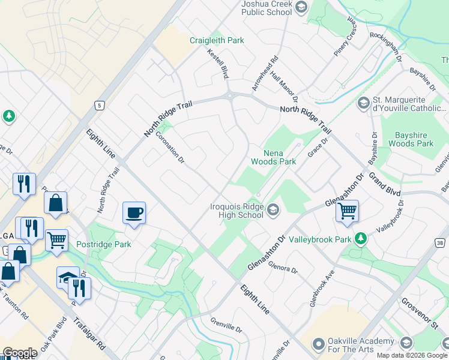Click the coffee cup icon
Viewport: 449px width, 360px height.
point(134,212)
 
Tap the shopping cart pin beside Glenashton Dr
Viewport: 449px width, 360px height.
point(347,211)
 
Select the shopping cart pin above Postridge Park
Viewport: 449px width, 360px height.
point(56,239)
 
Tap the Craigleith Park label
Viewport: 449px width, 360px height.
point(217,40)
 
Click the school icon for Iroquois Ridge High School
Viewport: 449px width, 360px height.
point(273,209)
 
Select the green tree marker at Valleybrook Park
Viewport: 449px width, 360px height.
point(360,239)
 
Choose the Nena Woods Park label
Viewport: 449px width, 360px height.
point(273,157)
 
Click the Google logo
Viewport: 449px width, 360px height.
point(20,353)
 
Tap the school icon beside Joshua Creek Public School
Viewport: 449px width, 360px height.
point(301,8)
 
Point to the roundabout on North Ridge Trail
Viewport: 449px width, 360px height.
point(230,95)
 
